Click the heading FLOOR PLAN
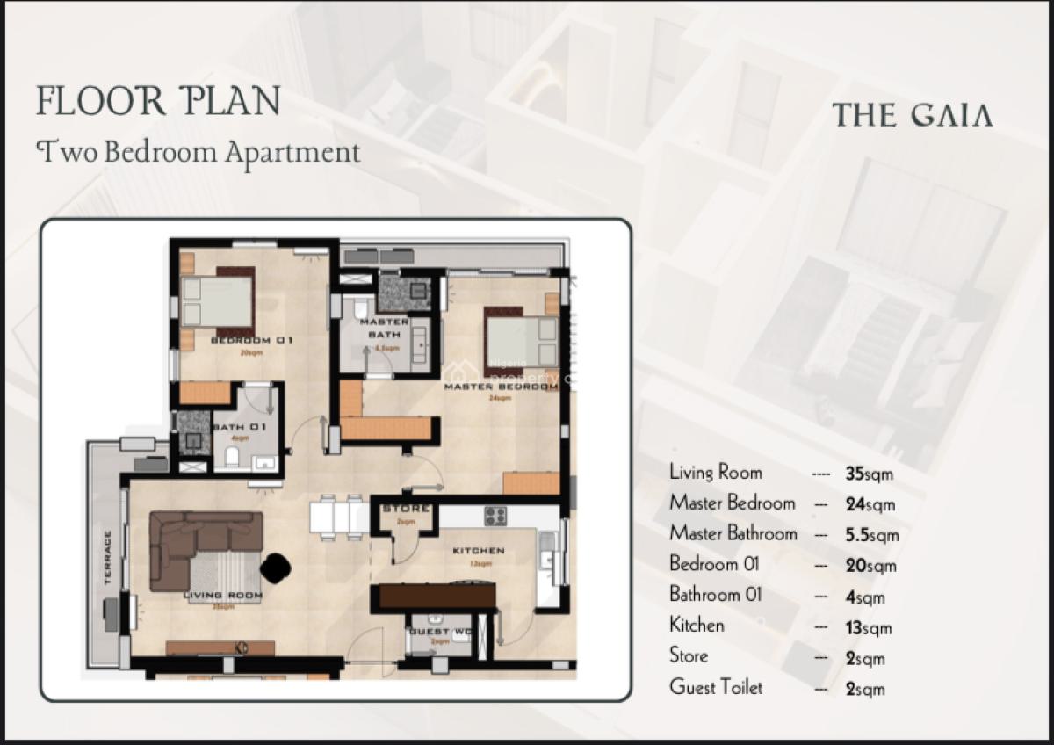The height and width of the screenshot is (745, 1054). pos(158,101)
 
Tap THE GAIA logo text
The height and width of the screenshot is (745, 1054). pos(912,115)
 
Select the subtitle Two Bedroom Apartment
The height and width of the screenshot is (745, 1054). pos(199,152)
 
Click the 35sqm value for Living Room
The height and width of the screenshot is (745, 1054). pos(869,474)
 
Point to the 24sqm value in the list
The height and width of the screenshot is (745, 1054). pos(870,504)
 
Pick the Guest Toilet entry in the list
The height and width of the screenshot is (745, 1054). pos(716,687)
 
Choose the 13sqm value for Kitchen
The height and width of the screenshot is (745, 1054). pos(868,627)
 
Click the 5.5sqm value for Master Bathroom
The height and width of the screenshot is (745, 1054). pos(871,534)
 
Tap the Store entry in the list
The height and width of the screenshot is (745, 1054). pos(689,656)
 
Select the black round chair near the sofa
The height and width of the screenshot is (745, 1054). pos(276,567)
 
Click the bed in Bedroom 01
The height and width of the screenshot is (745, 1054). pos(217,301)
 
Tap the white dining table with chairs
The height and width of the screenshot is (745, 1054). pos(338,517)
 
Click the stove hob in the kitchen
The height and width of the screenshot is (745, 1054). pos(495,517)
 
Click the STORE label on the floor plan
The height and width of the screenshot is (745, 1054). pos(406,509)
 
